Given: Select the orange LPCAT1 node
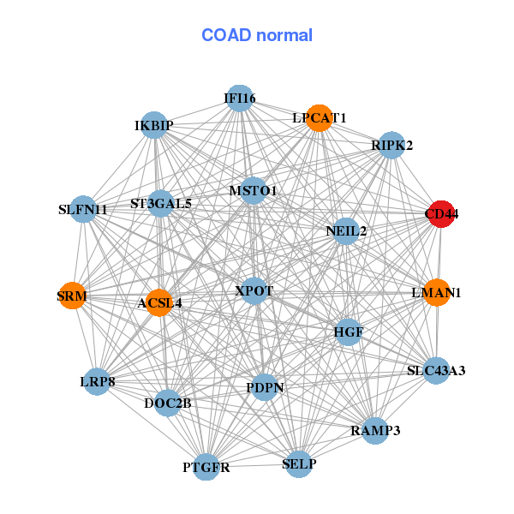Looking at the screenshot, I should (x=319, y=119).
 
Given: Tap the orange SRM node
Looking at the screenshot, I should (x=72, y=296).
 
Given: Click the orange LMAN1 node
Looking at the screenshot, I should (x=437, y=293).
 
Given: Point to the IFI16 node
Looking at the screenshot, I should (x=240, y=99).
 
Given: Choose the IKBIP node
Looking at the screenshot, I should (x=153, y=126).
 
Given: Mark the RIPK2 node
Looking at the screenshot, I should (x=391, y=146).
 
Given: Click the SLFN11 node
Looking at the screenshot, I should (x=83, y=209).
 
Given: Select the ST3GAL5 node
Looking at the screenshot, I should (x=161, y=204).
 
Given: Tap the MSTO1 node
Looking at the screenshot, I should (x=253, y=190).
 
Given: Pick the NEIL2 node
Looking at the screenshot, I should (x=345, y=231).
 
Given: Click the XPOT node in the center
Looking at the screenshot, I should (x=254, y=291).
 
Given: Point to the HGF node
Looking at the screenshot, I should (x=348, y=332).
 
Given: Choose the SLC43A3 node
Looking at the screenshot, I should (x=436, y=371).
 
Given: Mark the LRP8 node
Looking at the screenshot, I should (x=98, y=380).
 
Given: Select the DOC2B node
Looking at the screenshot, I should (x=167, y=403).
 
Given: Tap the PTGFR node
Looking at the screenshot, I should (x=206, y=467).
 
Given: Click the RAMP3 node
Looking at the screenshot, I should (x=374, y=430).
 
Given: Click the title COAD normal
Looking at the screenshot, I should (x=257, y=35).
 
